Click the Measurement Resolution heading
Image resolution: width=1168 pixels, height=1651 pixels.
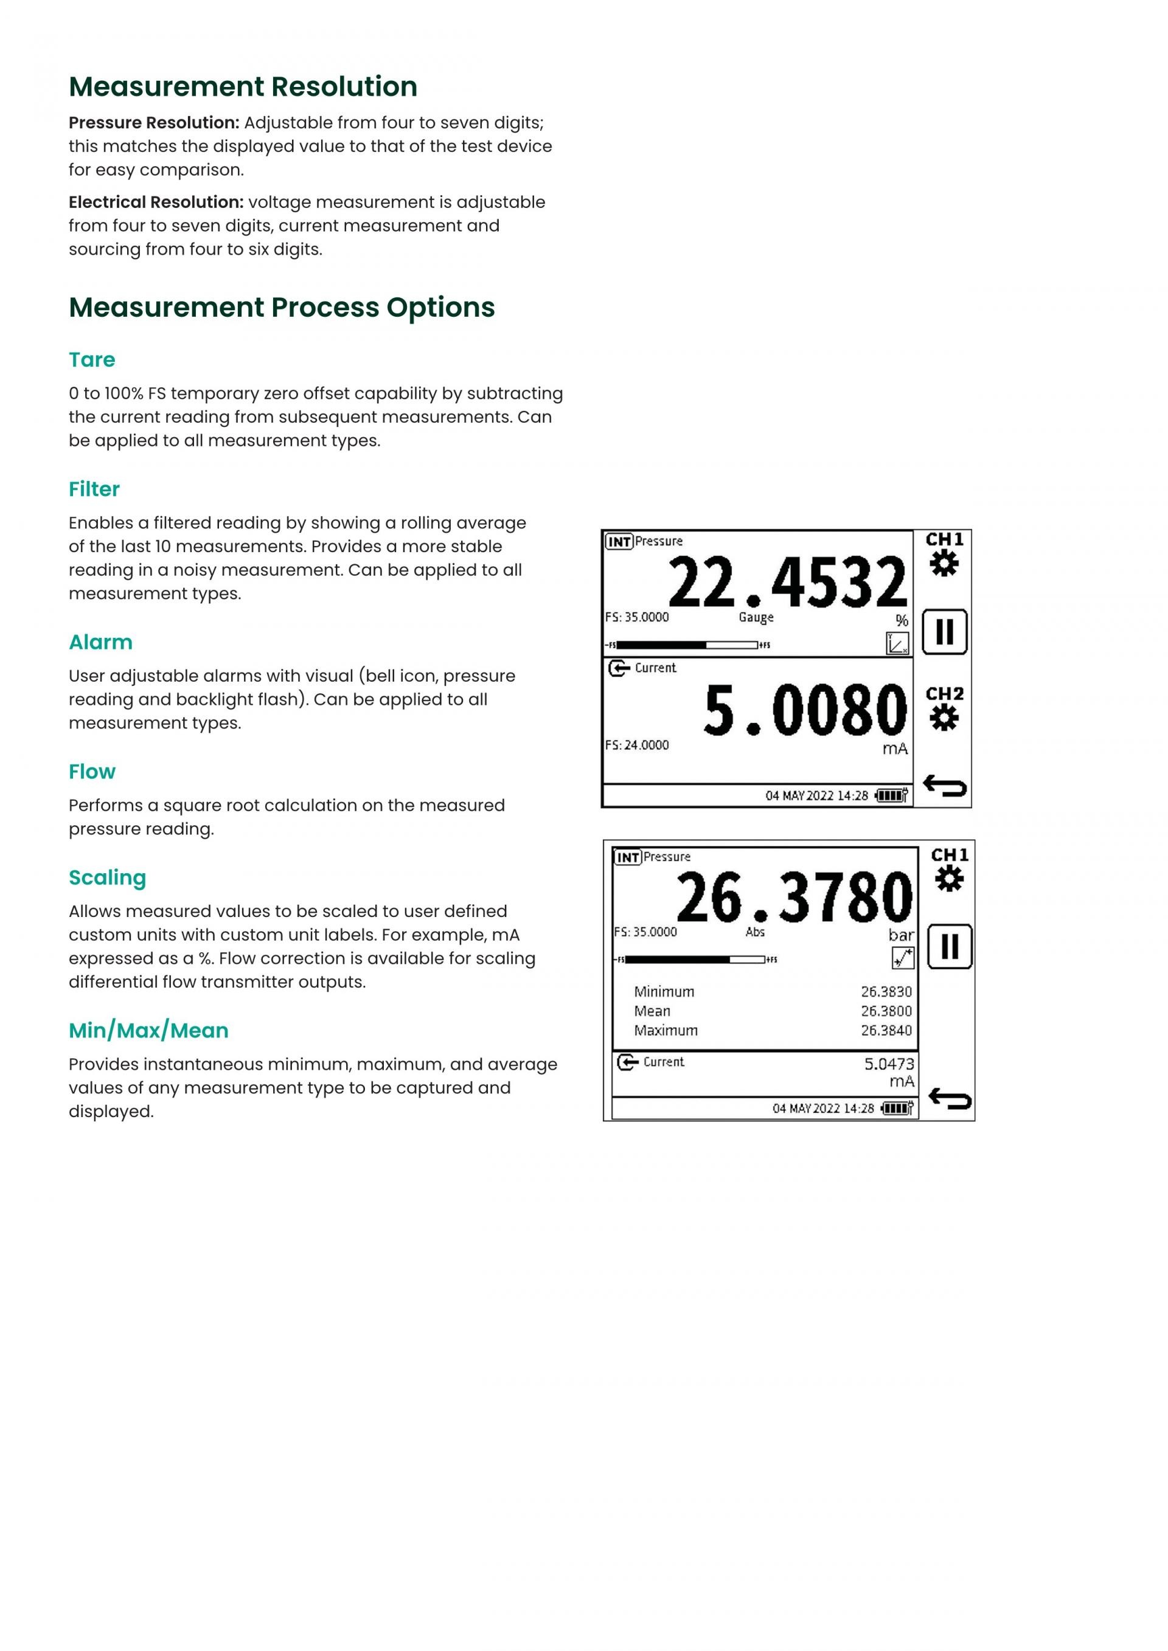[x=243, y=86]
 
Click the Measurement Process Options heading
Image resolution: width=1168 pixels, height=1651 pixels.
[x=282, y=307]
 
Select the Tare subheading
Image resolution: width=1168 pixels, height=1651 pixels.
[x=92, y=359]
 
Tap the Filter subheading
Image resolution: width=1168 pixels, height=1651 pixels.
[x=94, y=489]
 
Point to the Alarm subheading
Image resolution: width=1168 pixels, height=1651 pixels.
[x=101, y=642]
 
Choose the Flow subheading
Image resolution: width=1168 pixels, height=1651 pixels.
[x=92, y=772]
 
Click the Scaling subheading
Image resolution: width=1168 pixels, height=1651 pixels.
[x=108, y=877]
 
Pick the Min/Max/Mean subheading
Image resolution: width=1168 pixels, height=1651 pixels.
[x=149, y=1031]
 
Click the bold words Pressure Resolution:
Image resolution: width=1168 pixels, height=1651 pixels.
[x=154, y=123]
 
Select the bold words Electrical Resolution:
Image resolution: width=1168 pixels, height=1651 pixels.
[x=156, y=202]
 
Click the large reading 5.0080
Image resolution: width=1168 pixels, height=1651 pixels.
[x=805, y=710]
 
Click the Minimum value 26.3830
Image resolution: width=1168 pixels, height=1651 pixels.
[x=886, y=992]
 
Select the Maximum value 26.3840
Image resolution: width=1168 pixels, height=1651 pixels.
[x=886, y=1031]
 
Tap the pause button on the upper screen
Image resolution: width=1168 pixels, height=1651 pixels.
[x=944, y=631]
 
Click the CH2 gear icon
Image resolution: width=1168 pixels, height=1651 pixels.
[x=944, y=718]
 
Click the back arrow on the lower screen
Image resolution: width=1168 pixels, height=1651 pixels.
[x=950, y=1098]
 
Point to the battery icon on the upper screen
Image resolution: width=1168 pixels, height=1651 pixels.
[x=892, y=795]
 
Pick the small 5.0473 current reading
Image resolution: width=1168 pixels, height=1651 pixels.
[x=889, y=1064]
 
